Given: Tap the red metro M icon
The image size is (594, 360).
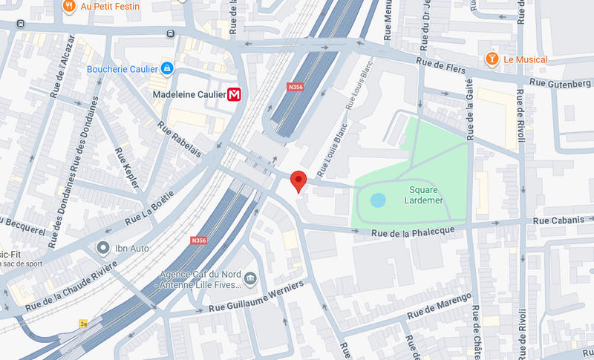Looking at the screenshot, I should point(235,94).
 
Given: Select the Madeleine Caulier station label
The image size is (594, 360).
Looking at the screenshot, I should point(188,94).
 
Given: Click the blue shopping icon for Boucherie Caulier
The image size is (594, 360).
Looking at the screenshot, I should point(167,70).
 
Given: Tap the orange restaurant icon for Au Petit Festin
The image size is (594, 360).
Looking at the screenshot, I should point(69,6).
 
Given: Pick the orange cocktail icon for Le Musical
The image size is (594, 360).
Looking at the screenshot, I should point(491,59).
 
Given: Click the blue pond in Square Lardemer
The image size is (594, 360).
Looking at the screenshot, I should point(378,200).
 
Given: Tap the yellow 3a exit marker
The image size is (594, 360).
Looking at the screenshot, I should point(84,324).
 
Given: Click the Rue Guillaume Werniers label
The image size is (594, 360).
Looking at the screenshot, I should point(256,297).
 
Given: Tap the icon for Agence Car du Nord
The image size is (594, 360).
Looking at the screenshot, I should point(250,279).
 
